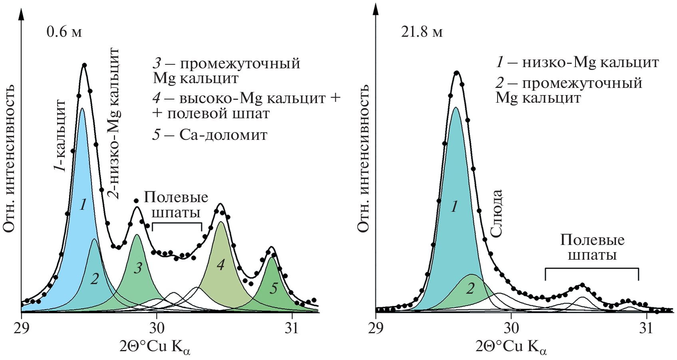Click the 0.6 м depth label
(64, 32)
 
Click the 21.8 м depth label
(422, 32)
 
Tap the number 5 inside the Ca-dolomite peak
(273, 288)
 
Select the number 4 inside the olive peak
(221, 265)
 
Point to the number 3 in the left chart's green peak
(138, 268)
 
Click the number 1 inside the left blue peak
(83, 205)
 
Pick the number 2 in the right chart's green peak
(470, 288)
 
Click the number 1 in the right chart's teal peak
(454, 207)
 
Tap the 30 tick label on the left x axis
(157, 328)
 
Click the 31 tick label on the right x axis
(646, 328)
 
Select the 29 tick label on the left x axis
(21, 328)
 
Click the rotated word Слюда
(496, 214)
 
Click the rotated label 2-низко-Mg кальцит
(114, 123)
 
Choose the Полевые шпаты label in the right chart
(592, 247)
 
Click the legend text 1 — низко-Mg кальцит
(577, 62)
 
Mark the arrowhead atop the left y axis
(21, 14)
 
